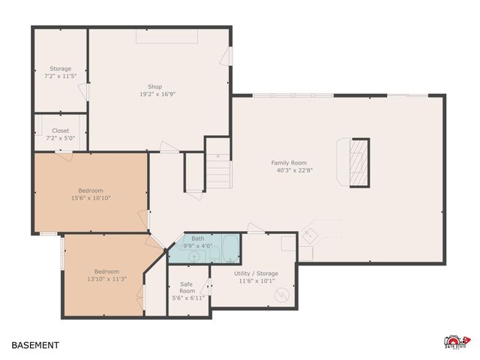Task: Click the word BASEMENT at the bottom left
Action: [x=35, y=346]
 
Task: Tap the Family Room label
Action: [x=289, y=163]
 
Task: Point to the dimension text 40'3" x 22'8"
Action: [x=295, y=170]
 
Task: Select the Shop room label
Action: [x=154, y=87]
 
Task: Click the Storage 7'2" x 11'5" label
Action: [x=61, y=73]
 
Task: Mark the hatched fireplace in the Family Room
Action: [x=360, y=162]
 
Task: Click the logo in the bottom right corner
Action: [x=457, y=342]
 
